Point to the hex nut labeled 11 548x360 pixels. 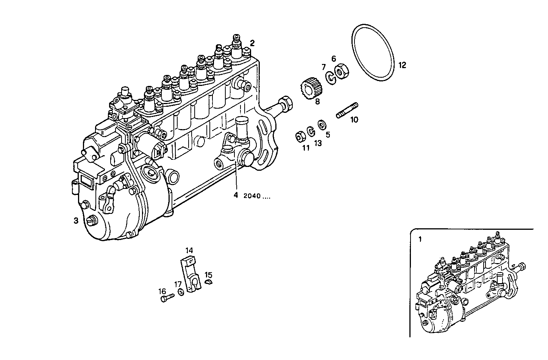coord(300,136)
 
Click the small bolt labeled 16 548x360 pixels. coord(166,299)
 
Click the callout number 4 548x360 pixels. coord(236,195)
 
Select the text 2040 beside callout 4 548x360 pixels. coord(252,196)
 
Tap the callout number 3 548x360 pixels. coord(76,221)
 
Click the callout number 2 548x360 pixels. coord(252,43)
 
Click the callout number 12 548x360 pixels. coord(402,65)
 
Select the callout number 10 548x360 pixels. coord(354,120)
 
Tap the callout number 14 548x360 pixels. coord(189,250)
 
